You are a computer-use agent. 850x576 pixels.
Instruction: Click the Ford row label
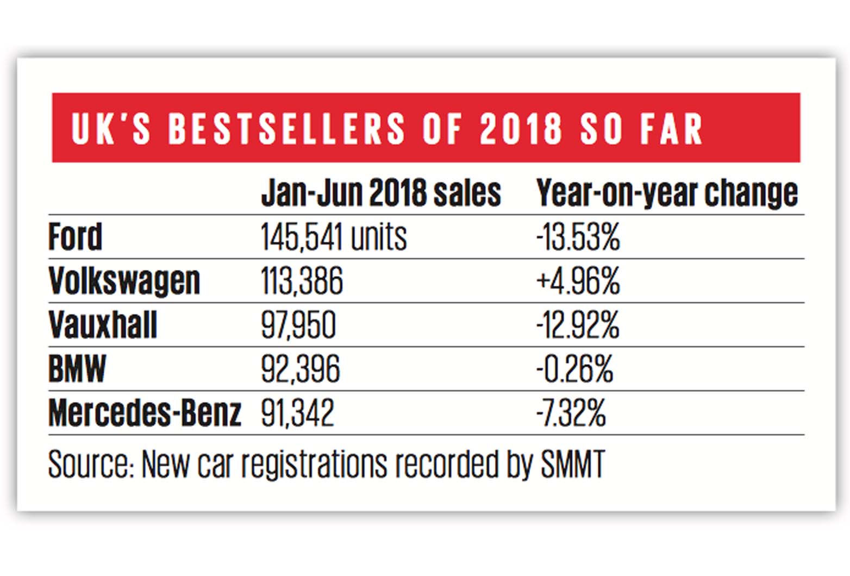[75, 237]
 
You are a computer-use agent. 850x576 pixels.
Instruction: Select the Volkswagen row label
[124, 281]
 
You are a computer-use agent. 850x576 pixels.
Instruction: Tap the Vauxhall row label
[103, 325]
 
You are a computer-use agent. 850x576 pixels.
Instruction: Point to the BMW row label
[77, 369]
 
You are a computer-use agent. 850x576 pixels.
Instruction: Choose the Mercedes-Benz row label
[145, 413]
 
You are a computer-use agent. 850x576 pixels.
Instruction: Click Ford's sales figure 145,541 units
[333, 237]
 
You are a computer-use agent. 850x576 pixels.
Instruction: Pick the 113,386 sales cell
[302, 281]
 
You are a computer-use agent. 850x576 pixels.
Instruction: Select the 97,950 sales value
[298, 325]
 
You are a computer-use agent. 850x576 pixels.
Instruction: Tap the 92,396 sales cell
[300, 369]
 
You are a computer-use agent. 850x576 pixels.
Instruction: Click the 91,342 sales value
[297, 413]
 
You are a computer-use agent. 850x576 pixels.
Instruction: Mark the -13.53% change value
[578, 237]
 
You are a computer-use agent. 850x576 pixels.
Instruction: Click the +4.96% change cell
[578, 281]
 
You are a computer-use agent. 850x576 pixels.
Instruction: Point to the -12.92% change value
[577, 325]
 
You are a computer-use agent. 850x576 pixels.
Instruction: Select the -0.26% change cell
[574, 369]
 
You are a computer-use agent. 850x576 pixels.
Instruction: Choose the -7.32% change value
[571, 413]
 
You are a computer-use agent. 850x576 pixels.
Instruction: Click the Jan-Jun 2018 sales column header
[380, 193]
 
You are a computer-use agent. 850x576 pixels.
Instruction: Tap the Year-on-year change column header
[667, 193]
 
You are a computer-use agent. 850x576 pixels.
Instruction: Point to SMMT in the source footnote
[572, 465]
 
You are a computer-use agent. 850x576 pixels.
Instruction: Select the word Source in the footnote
[90, 465]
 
